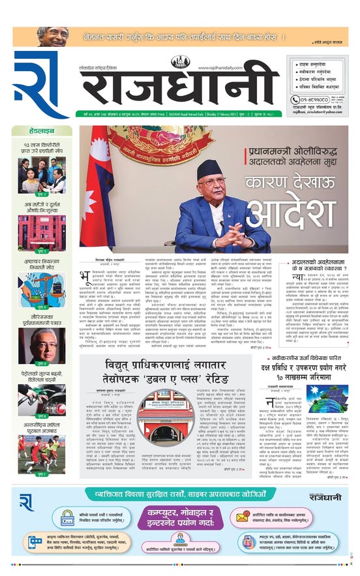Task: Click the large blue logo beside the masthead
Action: pyautogui.click(x=40, y=83)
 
